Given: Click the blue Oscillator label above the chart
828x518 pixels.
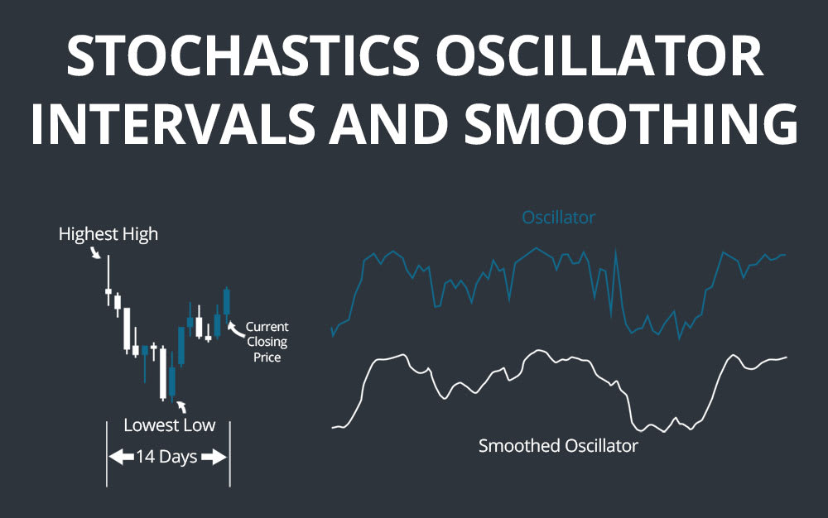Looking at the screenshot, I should (x=558, y=218).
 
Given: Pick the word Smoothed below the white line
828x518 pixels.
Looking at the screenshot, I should (x=520, y=445).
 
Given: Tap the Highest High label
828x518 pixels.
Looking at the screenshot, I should (x=108, y=234).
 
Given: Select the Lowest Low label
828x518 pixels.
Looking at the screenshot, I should (x=169, y=425).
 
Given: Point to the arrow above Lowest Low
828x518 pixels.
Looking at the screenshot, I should (x=181, y=406).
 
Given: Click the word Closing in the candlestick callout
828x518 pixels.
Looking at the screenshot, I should (x=267, y=343).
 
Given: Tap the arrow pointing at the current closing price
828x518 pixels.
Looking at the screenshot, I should (x=235, y=328).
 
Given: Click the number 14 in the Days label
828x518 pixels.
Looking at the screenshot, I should (x=146, y=457).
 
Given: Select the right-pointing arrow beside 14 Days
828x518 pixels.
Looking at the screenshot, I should (x=214, y=457).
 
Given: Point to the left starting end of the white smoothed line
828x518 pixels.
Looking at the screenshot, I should (x=333, y=428).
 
